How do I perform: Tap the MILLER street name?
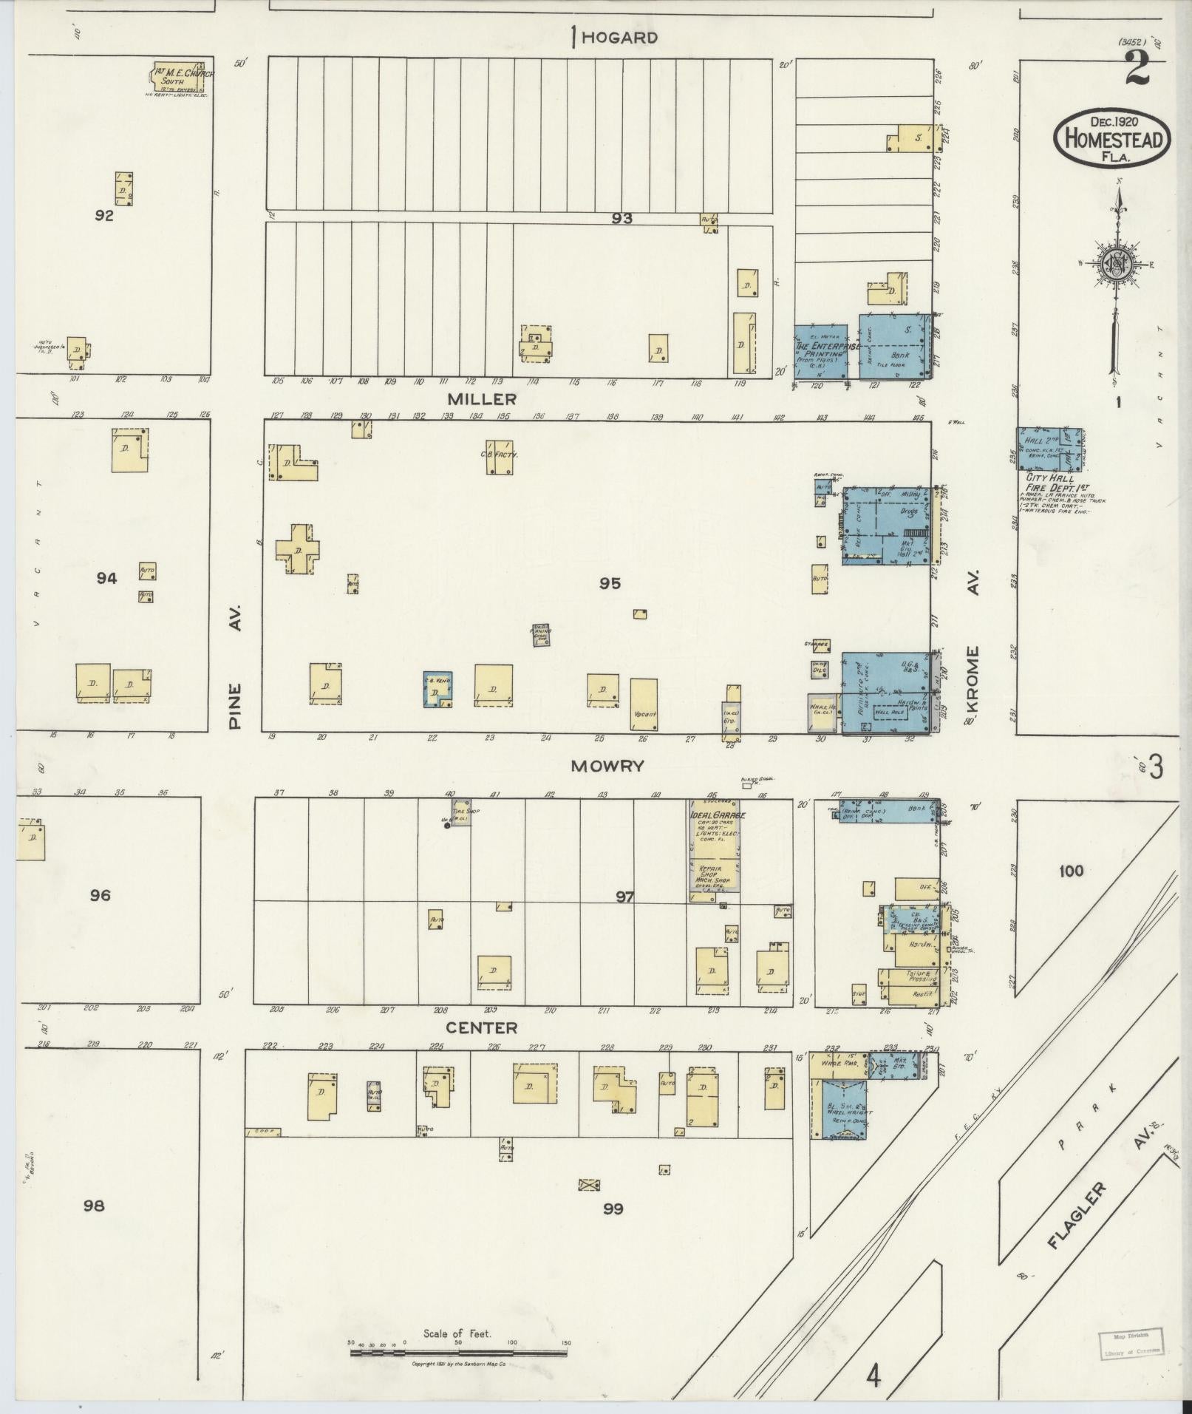481,399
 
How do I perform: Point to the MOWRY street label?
607,766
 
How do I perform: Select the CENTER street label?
481,1028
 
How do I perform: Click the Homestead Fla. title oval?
1113,137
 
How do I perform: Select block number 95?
609,584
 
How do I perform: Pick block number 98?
94,1206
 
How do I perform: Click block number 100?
1071,870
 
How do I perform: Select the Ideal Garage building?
715,851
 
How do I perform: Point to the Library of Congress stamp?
1131,1342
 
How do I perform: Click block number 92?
104,216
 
